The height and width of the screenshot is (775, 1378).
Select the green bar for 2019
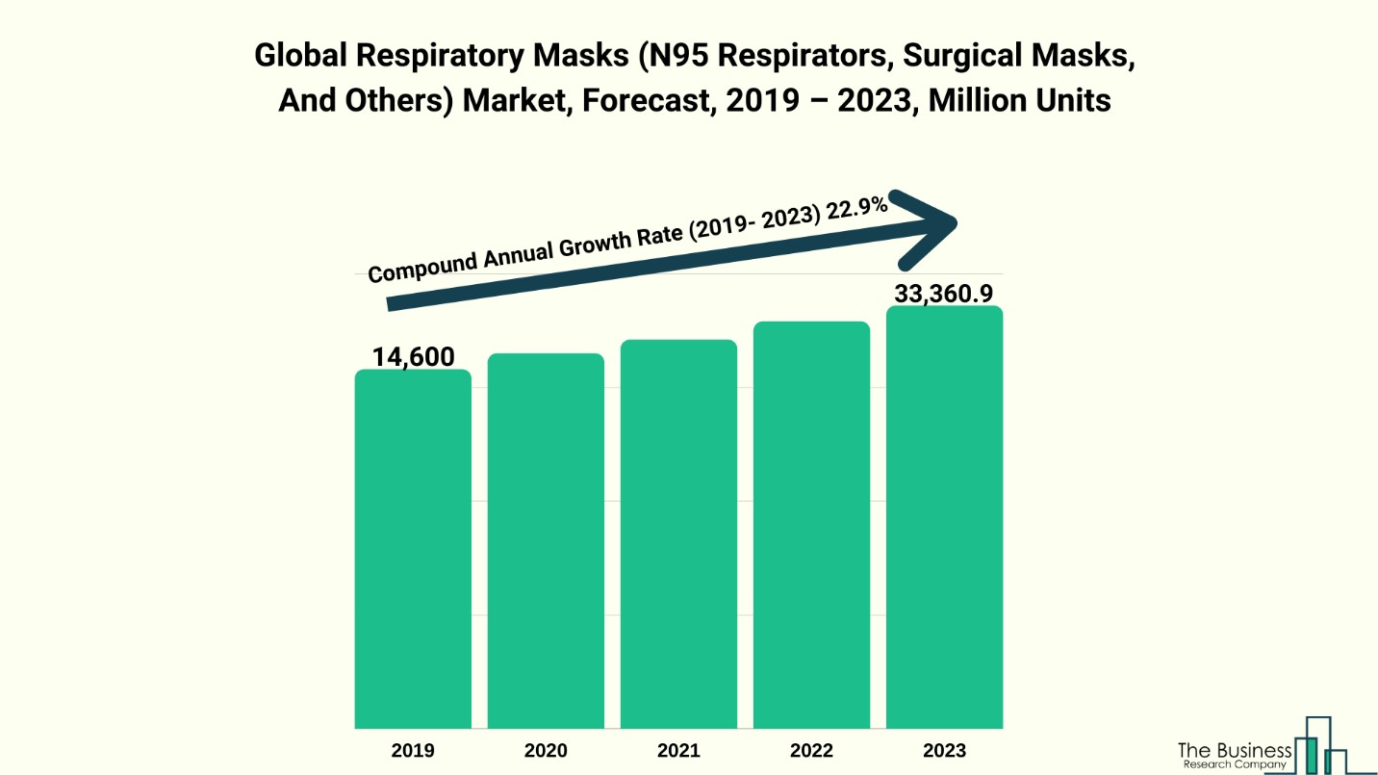413,549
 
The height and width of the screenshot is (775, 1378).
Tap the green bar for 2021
678,534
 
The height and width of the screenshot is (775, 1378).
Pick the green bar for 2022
811,525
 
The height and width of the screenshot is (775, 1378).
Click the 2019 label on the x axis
413,751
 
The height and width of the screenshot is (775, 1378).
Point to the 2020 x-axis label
546,751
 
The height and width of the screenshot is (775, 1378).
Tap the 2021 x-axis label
678,751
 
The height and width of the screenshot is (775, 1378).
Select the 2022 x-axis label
811,751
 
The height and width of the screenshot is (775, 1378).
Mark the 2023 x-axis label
944,751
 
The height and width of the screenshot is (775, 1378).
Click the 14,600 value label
414,357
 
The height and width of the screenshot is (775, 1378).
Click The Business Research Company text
1235,755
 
